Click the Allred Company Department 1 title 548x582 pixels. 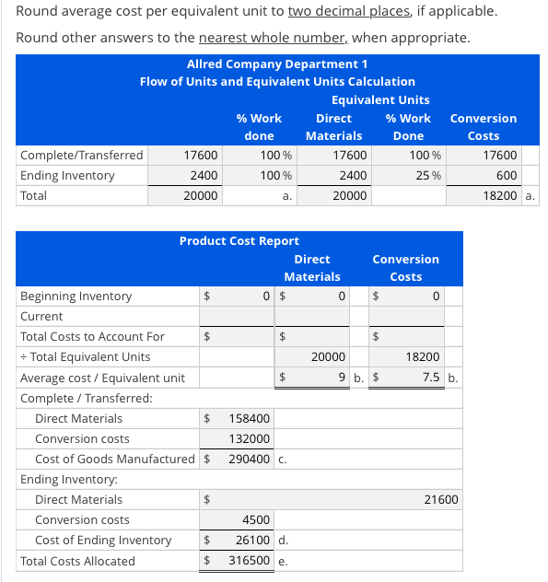(x=277, y=64)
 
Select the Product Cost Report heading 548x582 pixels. (x=239, y=240)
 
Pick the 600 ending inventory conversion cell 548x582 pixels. (x=507, y=175)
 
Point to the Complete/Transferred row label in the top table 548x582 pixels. (x=82, y=155)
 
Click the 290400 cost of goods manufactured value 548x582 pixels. (x=248, y=459)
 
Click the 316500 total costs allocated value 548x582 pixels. (x=249, y=561)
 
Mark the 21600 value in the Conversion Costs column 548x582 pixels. (x=440, y=499)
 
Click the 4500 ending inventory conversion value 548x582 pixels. (x=255, y=519)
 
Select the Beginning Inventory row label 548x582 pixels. (x=76, y=297)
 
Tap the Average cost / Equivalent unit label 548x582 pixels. (x=102, y=378)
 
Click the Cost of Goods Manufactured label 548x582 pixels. (x=115, y=459)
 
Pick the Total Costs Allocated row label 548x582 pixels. (x=77, y=561)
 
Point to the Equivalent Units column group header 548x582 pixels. (x=379, y=99)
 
